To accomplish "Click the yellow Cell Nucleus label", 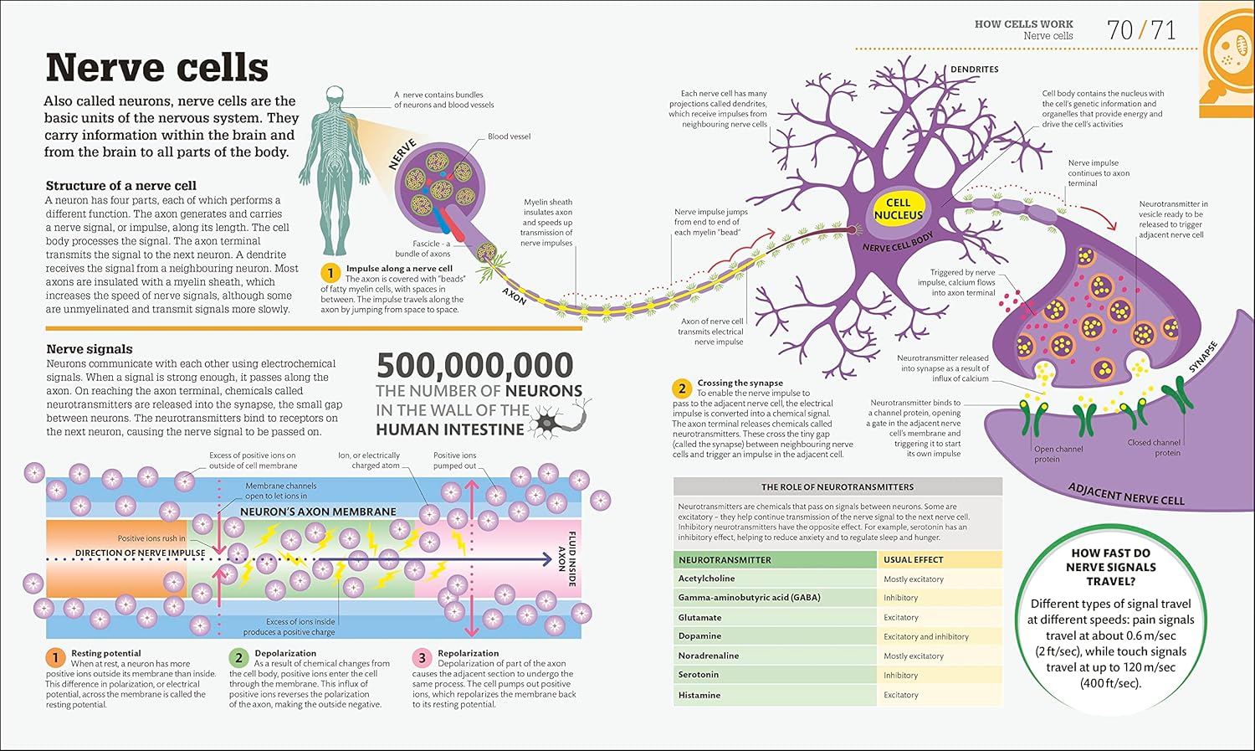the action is [898, 209].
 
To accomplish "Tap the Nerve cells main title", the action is [157, 67].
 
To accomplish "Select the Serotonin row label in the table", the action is [698, 674].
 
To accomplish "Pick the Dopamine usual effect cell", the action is [925, 636].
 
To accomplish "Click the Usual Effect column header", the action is [914, 559].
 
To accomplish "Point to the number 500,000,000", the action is [475, 365].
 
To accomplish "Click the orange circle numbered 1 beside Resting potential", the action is [55, 657].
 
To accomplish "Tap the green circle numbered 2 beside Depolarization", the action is [238, 657].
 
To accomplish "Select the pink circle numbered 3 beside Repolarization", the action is [422, 657].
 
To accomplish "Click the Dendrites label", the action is [975, 69].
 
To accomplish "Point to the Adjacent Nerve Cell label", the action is [1126, 494].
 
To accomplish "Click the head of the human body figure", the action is [335, 94].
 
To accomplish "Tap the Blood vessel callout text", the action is [509, 136].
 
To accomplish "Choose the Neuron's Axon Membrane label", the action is [318, 512].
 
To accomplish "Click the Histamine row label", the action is [699, 695].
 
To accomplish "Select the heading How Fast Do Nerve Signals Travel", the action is [1110, 567].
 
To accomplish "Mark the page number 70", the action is [1120, 30].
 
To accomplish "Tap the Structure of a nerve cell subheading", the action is [121, 186].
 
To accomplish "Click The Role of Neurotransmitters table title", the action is [837, 487].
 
